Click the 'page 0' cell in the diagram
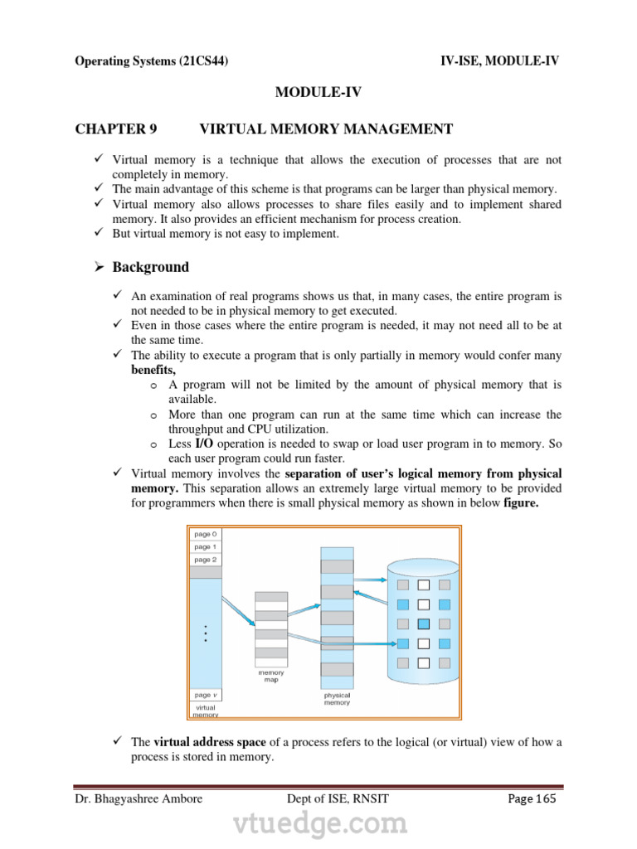(206, 535)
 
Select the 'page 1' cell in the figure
(206, 547)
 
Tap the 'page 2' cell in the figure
(206, 560)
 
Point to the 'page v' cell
(206, 695)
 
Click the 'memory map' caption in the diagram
(271, 677)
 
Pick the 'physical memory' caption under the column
(337, 699)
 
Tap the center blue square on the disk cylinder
(423, 623)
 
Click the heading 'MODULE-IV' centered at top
(318, 93)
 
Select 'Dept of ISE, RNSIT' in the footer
(336, 799)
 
